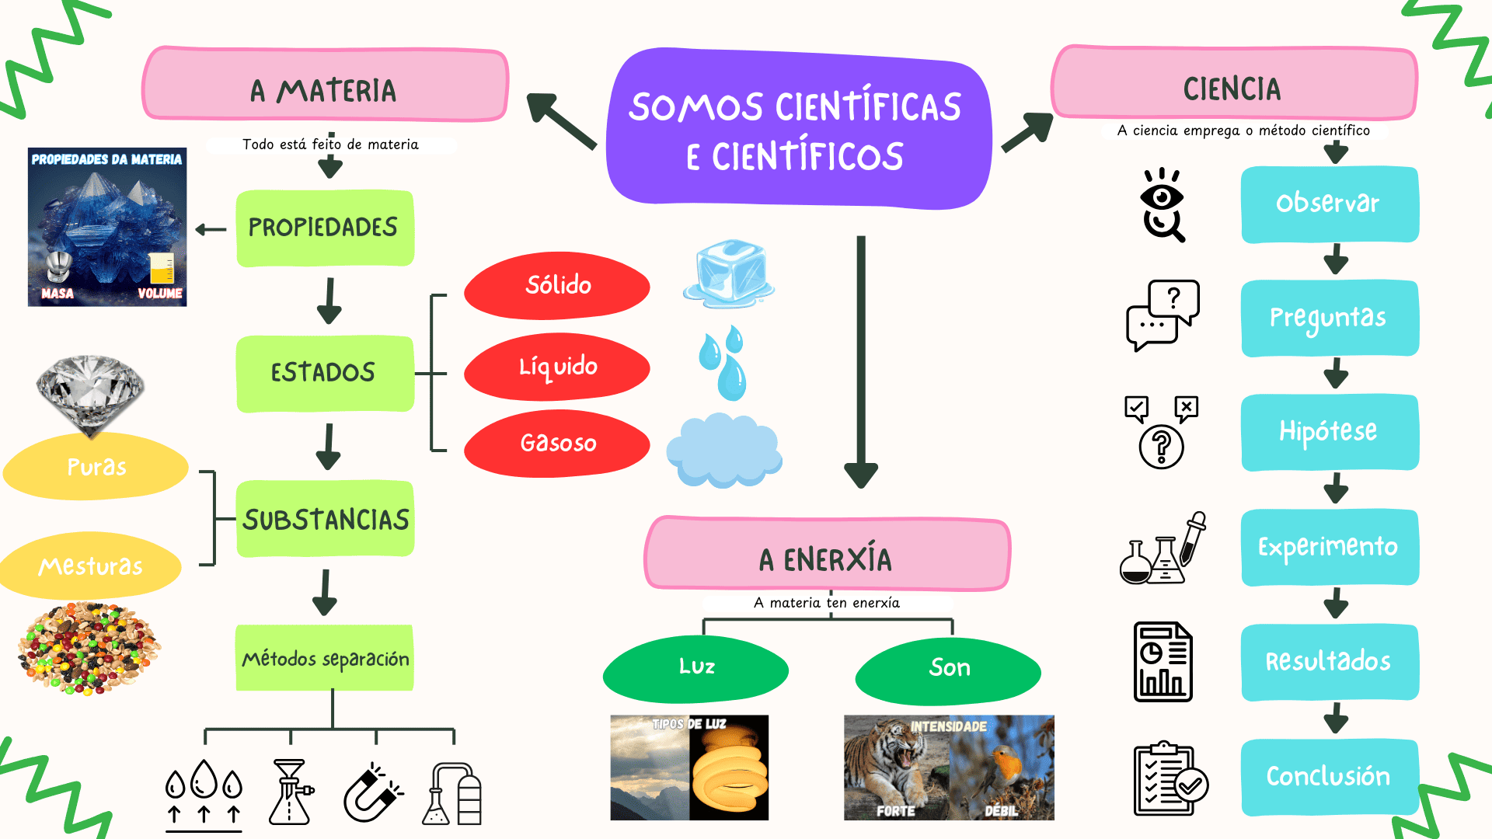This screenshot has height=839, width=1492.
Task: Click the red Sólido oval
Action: (556, 285)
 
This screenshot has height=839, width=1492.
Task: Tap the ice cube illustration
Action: (729, 273)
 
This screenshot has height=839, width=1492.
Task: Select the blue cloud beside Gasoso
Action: (723, 451)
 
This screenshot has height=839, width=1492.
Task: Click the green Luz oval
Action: (695, 668)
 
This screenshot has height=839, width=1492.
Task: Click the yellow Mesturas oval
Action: (90, 566)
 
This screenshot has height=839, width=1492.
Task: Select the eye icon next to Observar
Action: (1162, 204)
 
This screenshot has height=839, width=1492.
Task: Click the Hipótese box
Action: (1330, 432)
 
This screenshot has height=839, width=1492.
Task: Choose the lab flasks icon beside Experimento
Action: (1163, 548)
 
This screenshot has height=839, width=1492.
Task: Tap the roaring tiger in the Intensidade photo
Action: (894, 765)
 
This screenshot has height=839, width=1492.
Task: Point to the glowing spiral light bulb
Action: (729, 769)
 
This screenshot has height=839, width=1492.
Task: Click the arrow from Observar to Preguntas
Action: (1336, 259)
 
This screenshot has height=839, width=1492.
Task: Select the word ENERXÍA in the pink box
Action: (837, 559)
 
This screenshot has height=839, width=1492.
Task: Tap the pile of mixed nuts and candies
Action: (89, 648)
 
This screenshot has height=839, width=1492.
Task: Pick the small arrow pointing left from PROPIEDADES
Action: (211, 229)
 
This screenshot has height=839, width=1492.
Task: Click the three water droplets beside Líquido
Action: (723, 363)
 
